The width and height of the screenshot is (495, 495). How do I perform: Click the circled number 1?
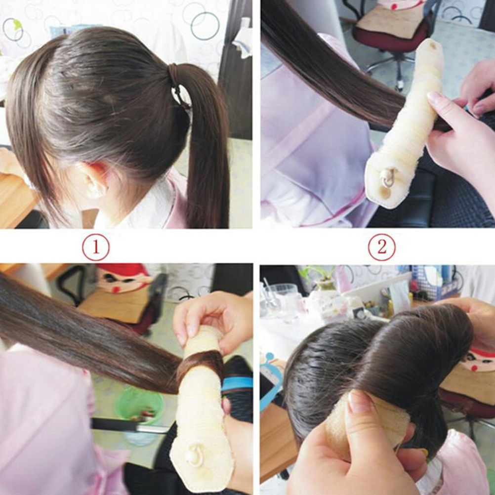[x=96, y=247]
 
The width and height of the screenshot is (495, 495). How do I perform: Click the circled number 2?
[x=382, y=247]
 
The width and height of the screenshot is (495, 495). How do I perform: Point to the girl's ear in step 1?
[x=95, y=180]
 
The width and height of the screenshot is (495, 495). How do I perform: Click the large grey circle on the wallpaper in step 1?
[x=205, y=26]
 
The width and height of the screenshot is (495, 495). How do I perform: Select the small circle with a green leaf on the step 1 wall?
[x=13, y=29]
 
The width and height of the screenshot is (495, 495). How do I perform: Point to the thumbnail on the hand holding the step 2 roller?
[x=435, y=100]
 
